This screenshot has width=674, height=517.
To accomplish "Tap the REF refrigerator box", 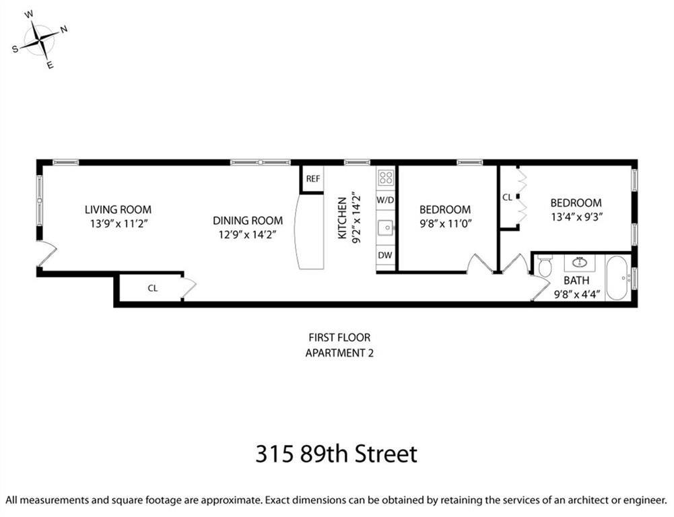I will (x=312, y=179).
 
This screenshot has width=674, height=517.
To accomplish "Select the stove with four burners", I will (x=386, y=178).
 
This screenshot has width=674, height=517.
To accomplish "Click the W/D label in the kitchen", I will (x=386, y=200).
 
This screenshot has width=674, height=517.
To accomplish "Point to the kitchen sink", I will (x=386, y=228).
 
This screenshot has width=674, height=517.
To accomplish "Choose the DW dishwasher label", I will (x=386, y=255).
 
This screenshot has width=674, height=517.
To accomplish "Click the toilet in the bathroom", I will (x=545, y=267).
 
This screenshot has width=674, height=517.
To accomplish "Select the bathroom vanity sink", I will (x=580, y=263).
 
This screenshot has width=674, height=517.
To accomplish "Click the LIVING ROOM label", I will (x=117, y=209).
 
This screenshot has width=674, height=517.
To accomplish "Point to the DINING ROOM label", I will (x=248, y=220).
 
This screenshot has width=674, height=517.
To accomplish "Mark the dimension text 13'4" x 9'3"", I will (x=576, y=216).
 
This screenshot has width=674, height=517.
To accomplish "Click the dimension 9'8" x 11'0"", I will (x=445, y=223).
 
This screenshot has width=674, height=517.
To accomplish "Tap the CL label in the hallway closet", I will (x=153, y=288).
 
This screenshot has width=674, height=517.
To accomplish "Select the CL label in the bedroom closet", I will (x=507, y=198).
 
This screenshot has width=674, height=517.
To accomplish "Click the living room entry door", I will (x=46, y=255).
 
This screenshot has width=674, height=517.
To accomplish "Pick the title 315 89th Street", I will (x=336, y=453).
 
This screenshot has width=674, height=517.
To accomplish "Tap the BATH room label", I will (x=576, y=280).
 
